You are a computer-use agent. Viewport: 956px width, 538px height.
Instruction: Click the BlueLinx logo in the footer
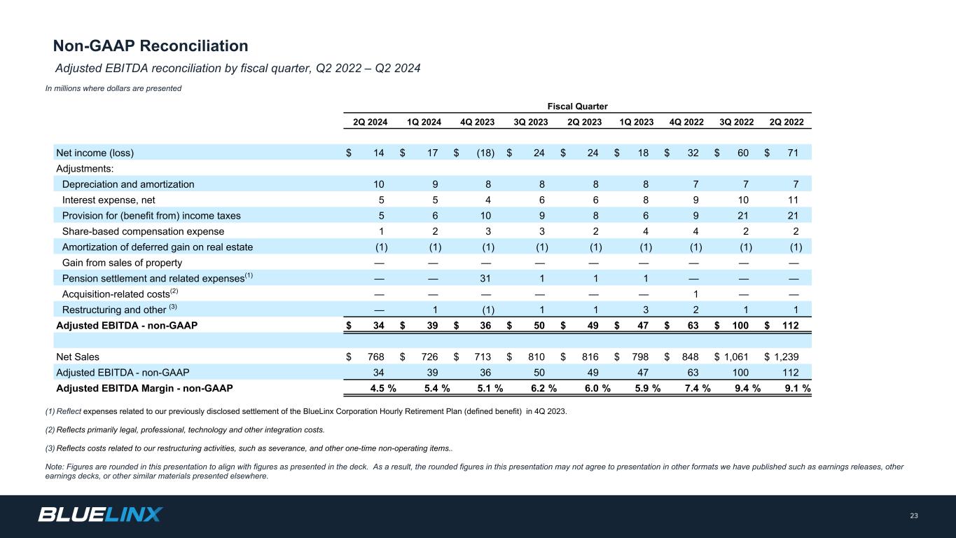coord(100,515)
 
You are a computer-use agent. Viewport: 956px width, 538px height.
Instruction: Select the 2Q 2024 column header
coord(369,122)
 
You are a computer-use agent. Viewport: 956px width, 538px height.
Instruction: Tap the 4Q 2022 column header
coord(686,122)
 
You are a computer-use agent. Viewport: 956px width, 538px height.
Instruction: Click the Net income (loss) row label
coord(95,153)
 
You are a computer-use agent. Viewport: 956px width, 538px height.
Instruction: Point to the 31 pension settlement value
coord(488,277)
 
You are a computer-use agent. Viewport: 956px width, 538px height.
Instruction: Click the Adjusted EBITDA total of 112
coord(791,325)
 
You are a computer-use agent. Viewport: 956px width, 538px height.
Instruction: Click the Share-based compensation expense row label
coord(143,231)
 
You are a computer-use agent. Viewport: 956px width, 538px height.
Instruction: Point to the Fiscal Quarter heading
coord(577,106)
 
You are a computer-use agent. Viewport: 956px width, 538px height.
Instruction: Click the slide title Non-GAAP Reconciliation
coord(151,46)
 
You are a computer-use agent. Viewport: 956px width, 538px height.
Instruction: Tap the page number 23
coord(913,516)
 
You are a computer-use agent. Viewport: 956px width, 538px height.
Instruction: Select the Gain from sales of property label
coord(122,263)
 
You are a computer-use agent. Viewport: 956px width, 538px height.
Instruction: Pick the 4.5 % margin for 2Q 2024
coord(382,388)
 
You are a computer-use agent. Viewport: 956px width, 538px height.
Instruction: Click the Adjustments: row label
coord(85,169)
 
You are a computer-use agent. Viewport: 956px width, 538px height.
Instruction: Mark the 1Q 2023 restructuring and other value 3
coord(646,310)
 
